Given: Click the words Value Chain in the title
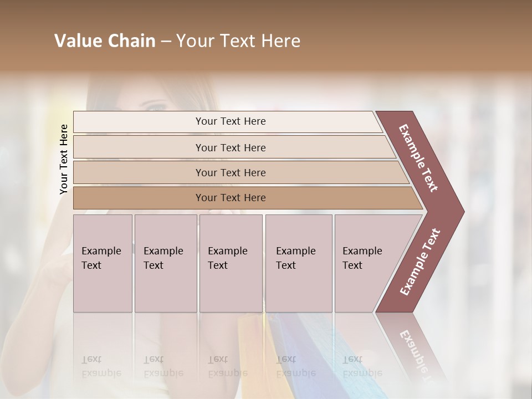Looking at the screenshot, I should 105,41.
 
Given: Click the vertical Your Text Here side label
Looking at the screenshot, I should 64,160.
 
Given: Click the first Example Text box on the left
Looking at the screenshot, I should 103,263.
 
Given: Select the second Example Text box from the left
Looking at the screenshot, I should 165,263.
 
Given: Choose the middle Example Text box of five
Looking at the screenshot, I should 231,263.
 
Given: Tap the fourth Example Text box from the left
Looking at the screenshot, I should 299,263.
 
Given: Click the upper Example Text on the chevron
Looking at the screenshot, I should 418,158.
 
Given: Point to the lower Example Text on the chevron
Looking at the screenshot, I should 420,262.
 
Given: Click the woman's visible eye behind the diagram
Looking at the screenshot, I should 157,106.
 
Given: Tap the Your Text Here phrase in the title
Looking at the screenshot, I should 238,41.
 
